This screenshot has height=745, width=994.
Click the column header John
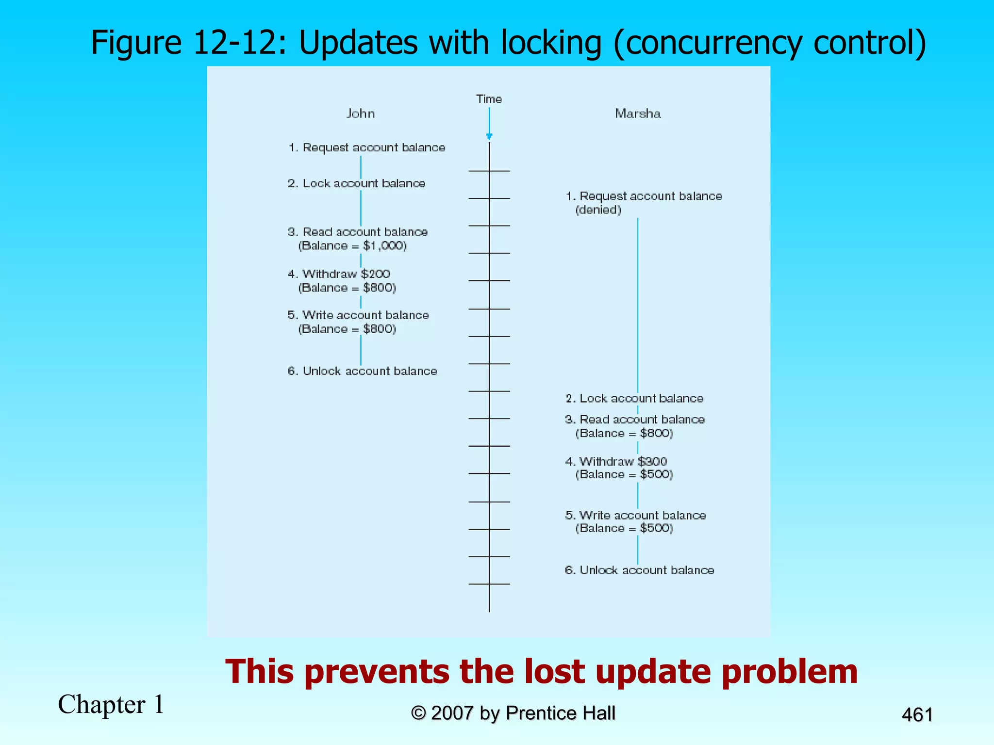(360, 113)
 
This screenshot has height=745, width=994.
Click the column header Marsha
(638, 113)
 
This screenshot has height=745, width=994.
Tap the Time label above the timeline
(489, 99)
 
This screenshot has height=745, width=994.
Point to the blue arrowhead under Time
(489, 136)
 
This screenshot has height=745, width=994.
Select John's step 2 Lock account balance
(356, 183)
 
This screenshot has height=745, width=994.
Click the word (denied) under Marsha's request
(598, 210)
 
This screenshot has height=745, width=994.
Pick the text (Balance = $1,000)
(352, 246)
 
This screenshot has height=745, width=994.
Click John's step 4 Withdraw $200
(339, 274)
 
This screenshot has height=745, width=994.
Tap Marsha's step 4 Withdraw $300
(616, 461)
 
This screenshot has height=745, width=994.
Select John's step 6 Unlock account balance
(362, 371)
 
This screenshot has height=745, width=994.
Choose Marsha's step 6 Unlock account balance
(639, 570)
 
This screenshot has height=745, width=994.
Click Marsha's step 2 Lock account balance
(634, 399)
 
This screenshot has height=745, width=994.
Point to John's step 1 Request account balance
(366, 147)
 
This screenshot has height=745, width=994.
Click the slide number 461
(917, 715)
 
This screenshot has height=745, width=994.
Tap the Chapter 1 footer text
(111, 704)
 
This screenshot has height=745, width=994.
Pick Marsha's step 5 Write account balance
(635, 516)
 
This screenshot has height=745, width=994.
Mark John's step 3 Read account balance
(358, 232)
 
